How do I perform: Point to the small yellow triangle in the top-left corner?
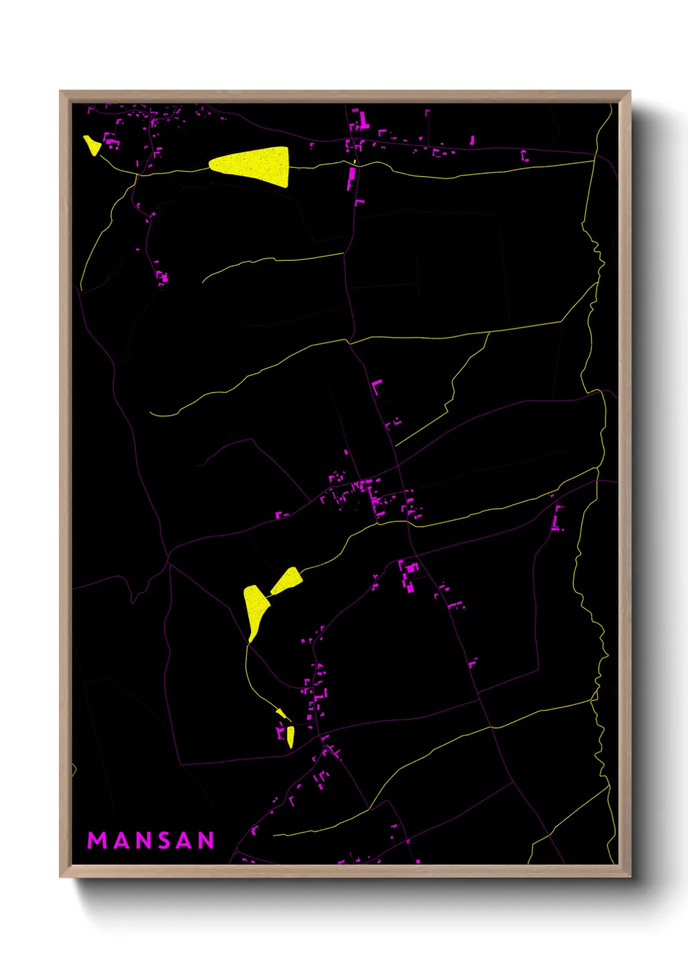pos(92,144)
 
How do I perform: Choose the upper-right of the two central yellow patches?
pos(287,580)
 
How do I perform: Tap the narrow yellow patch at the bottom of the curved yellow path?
pos(290,736)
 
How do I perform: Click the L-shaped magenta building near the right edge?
pos(557,519)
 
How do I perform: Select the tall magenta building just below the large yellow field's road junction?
pos(352,177)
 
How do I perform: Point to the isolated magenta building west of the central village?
pos(280,515)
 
